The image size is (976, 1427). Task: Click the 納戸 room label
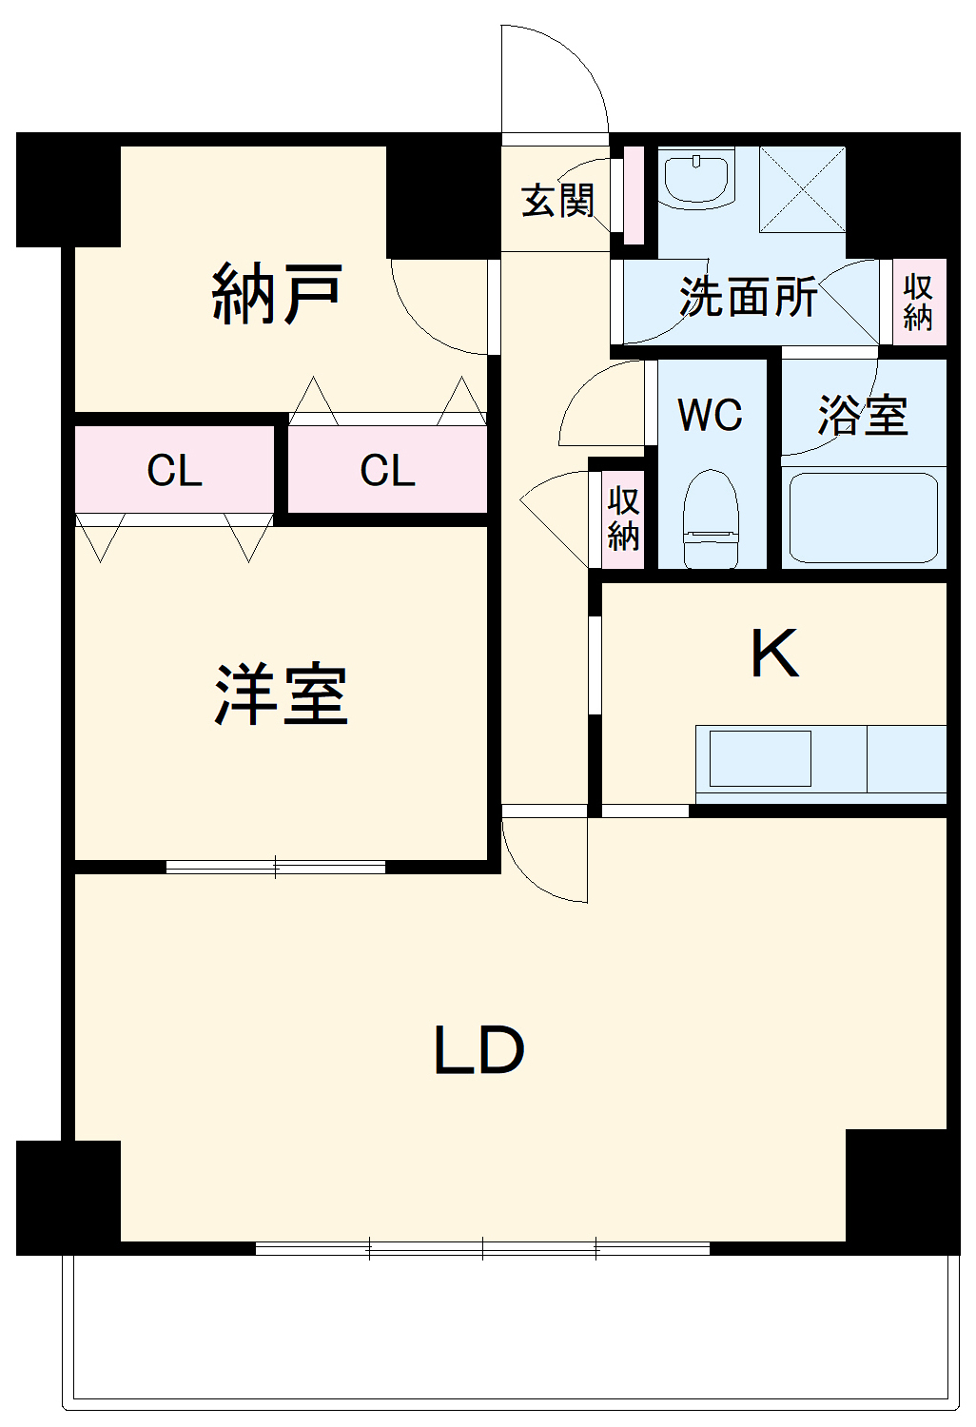[277, 294]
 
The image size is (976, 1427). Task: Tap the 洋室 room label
[281, 695]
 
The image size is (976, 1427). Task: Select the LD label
[478, 1051]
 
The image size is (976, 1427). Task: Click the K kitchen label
[774, 654]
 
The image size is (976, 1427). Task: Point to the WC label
[710, 416]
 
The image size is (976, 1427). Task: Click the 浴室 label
[863, 416]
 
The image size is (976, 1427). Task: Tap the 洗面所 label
[748, 298]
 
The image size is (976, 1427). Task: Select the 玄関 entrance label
[557, 201]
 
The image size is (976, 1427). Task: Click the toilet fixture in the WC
[711, 518]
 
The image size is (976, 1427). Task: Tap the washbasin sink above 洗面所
[697, 178]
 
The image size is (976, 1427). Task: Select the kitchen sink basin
[760, 758]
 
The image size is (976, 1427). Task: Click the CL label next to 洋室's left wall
[174, 471]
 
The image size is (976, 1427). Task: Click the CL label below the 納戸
[387, 471]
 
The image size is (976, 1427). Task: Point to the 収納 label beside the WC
[623, 518]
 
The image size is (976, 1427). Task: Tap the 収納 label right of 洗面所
[918, 302]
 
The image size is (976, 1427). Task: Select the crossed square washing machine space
[802, 189]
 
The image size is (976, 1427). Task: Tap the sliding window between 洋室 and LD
[276, 867]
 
